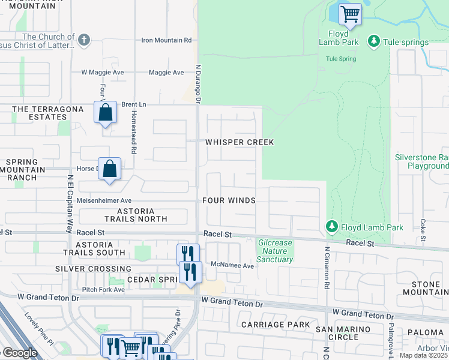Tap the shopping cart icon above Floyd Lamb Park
350,14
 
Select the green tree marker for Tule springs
374,42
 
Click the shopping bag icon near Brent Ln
105,112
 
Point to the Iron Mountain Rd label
166,40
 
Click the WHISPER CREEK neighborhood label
240,142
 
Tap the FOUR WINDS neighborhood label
229,200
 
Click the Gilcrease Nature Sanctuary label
276,251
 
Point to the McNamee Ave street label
232,265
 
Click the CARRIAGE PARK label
276,325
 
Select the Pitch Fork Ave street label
104,289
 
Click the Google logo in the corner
19,353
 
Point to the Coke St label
424,230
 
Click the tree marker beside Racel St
331,227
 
